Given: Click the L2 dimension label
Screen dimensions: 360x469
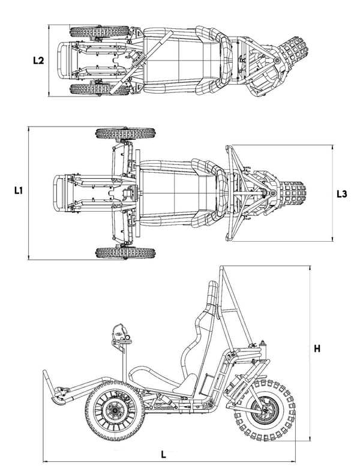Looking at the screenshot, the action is (x=38, y=61).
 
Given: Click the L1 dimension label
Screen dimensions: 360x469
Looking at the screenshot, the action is (x=19, y=190).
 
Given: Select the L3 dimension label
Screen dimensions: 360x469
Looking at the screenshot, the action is (x=342, y=194).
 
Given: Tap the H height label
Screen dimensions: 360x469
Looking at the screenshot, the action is (x=317, y=348).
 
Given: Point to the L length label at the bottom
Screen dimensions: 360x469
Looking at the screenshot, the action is (x=163, y=455).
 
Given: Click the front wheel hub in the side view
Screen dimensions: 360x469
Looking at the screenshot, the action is (x=115, y=411).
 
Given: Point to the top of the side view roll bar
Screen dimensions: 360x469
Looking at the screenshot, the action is (x=222, y=267).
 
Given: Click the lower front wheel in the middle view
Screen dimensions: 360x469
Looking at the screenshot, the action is (x=125, y=252).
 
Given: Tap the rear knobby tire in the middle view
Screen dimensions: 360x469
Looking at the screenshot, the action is (x=293, y=193).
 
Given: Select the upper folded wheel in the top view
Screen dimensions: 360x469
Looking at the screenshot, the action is (x=100, y=31).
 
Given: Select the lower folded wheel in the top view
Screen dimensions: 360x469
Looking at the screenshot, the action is (x=100, y=89).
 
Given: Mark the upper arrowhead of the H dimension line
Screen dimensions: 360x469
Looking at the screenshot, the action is (x=310, y=268).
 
